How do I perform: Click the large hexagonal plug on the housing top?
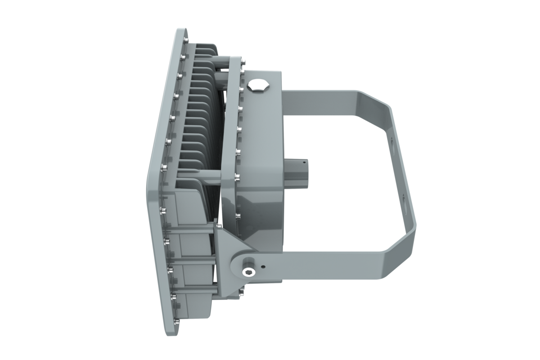tap(258, 85)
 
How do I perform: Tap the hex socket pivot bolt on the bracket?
tap(248, 271)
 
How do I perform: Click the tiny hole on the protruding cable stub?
tap(304, 160)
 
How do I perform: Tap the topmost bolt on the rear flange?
tap(243, 63)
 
